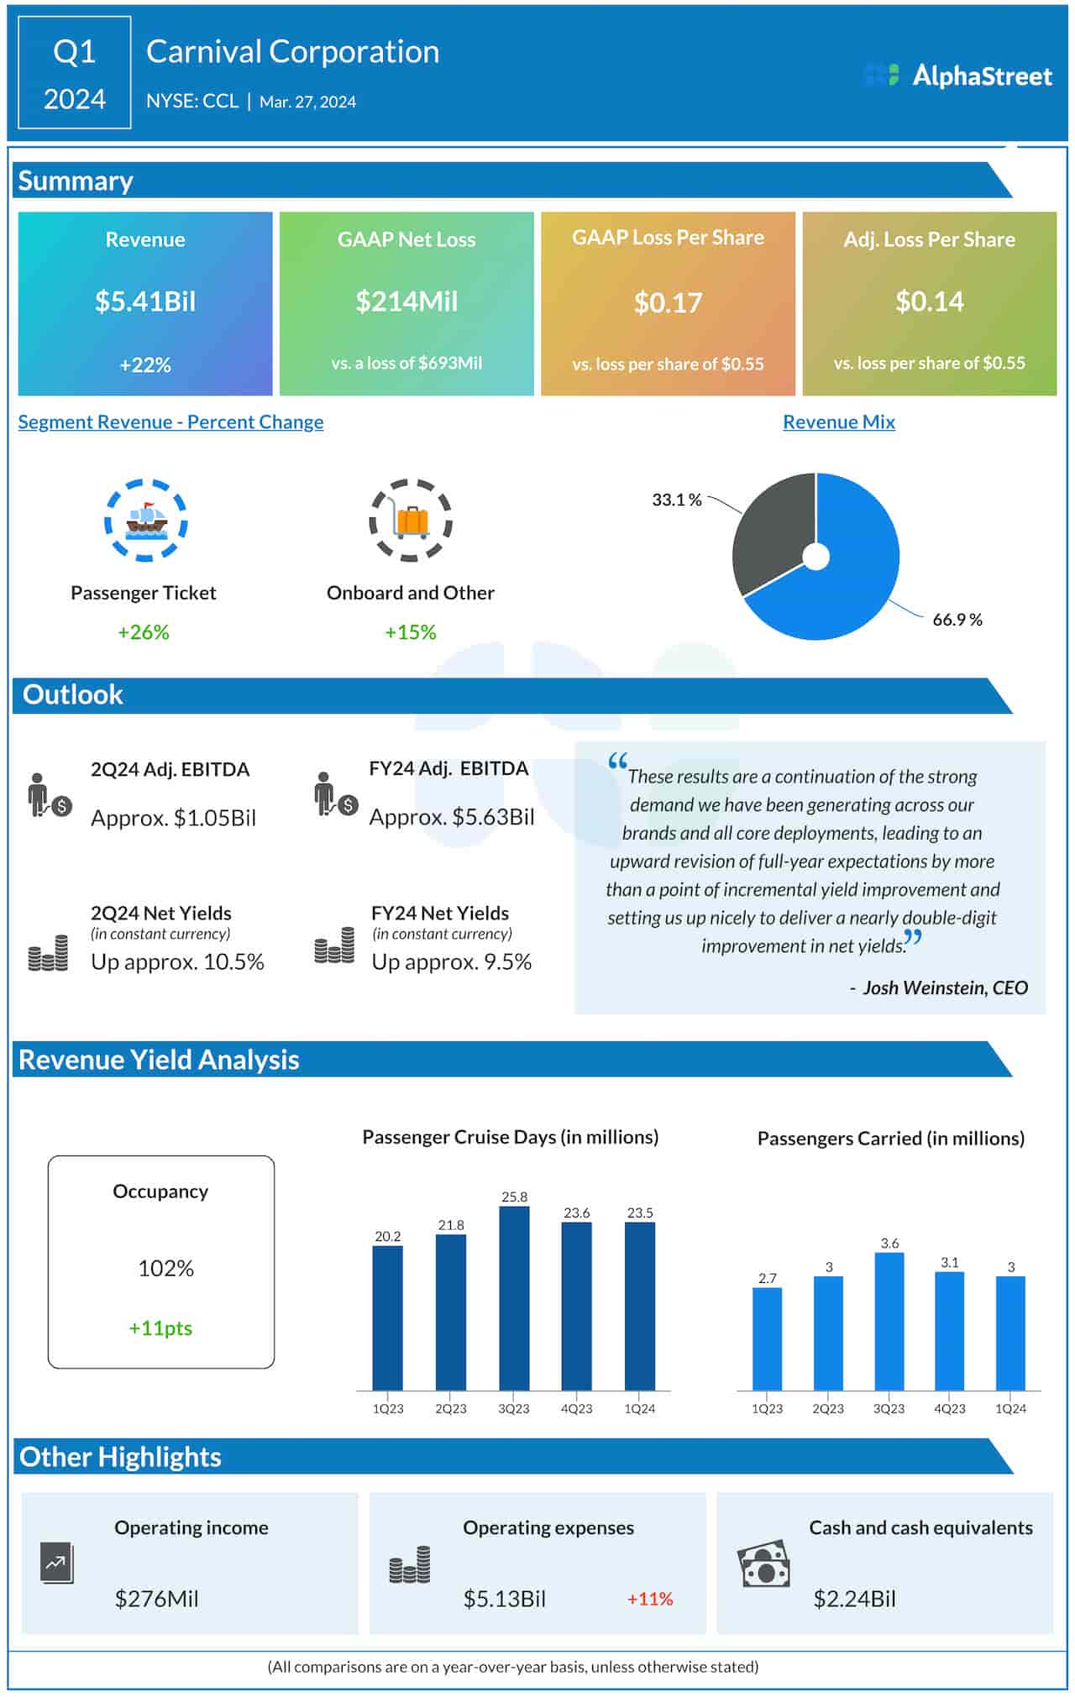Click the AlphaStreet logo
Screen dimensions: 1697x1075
coord(958,76)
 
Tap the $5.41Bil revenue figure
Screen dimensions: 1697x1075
coord(145,301)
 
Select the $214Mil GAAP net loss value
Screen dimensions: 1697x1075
coord(406,301)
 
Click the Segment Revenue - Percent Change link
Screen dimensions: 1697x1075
coord(170,422)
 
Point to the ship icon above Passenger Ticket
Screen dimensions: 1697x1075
coord(146,521)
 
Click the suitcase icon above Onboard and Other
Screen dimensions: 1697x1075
coord(412,521)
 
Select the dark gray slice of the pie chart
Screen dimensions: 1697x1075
coord(768,529)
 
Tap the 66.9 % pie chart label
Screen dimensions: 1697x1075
coord(957,620)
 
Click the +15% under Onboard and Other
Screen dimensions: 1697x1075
coord(410,632)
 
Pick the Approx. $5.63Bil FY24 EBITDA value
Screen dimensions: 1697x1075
coord(452,817)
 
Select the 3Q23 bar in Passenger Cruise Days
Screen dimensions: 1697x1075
coord(514,1297)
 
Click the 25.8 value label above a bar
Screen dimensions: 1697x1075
coord(514,1197)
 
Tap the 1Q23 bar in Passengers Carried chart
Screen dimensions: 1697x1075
coord(767,1338)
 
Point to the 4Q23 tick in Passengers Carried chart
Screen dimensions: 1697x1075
coord(950,1408)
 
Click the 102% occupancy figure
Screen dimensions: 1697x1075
coord(165,1268)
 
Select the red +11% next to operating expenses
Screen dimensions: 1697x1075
coord(650,1599)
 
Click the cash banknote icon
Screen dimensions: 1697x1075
coord(763,1563)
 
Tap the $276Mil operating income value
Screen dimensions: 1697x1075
coord(157,1599)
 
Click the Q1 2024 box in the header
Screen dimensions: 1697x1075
coord(75,74)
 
